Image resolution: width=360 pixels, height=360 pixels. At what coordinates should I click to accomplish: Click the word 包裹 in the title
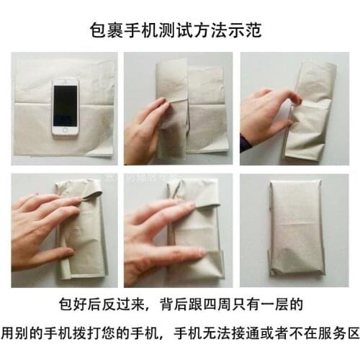click(x=108, y=31)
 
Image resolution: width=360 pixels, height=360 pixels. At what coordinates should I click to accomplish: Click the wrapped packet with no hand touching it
click(x=295, y=227)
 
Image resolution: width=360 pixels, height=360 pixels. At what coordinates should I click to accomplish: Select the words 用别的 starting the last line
click(x=22, y=334)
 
